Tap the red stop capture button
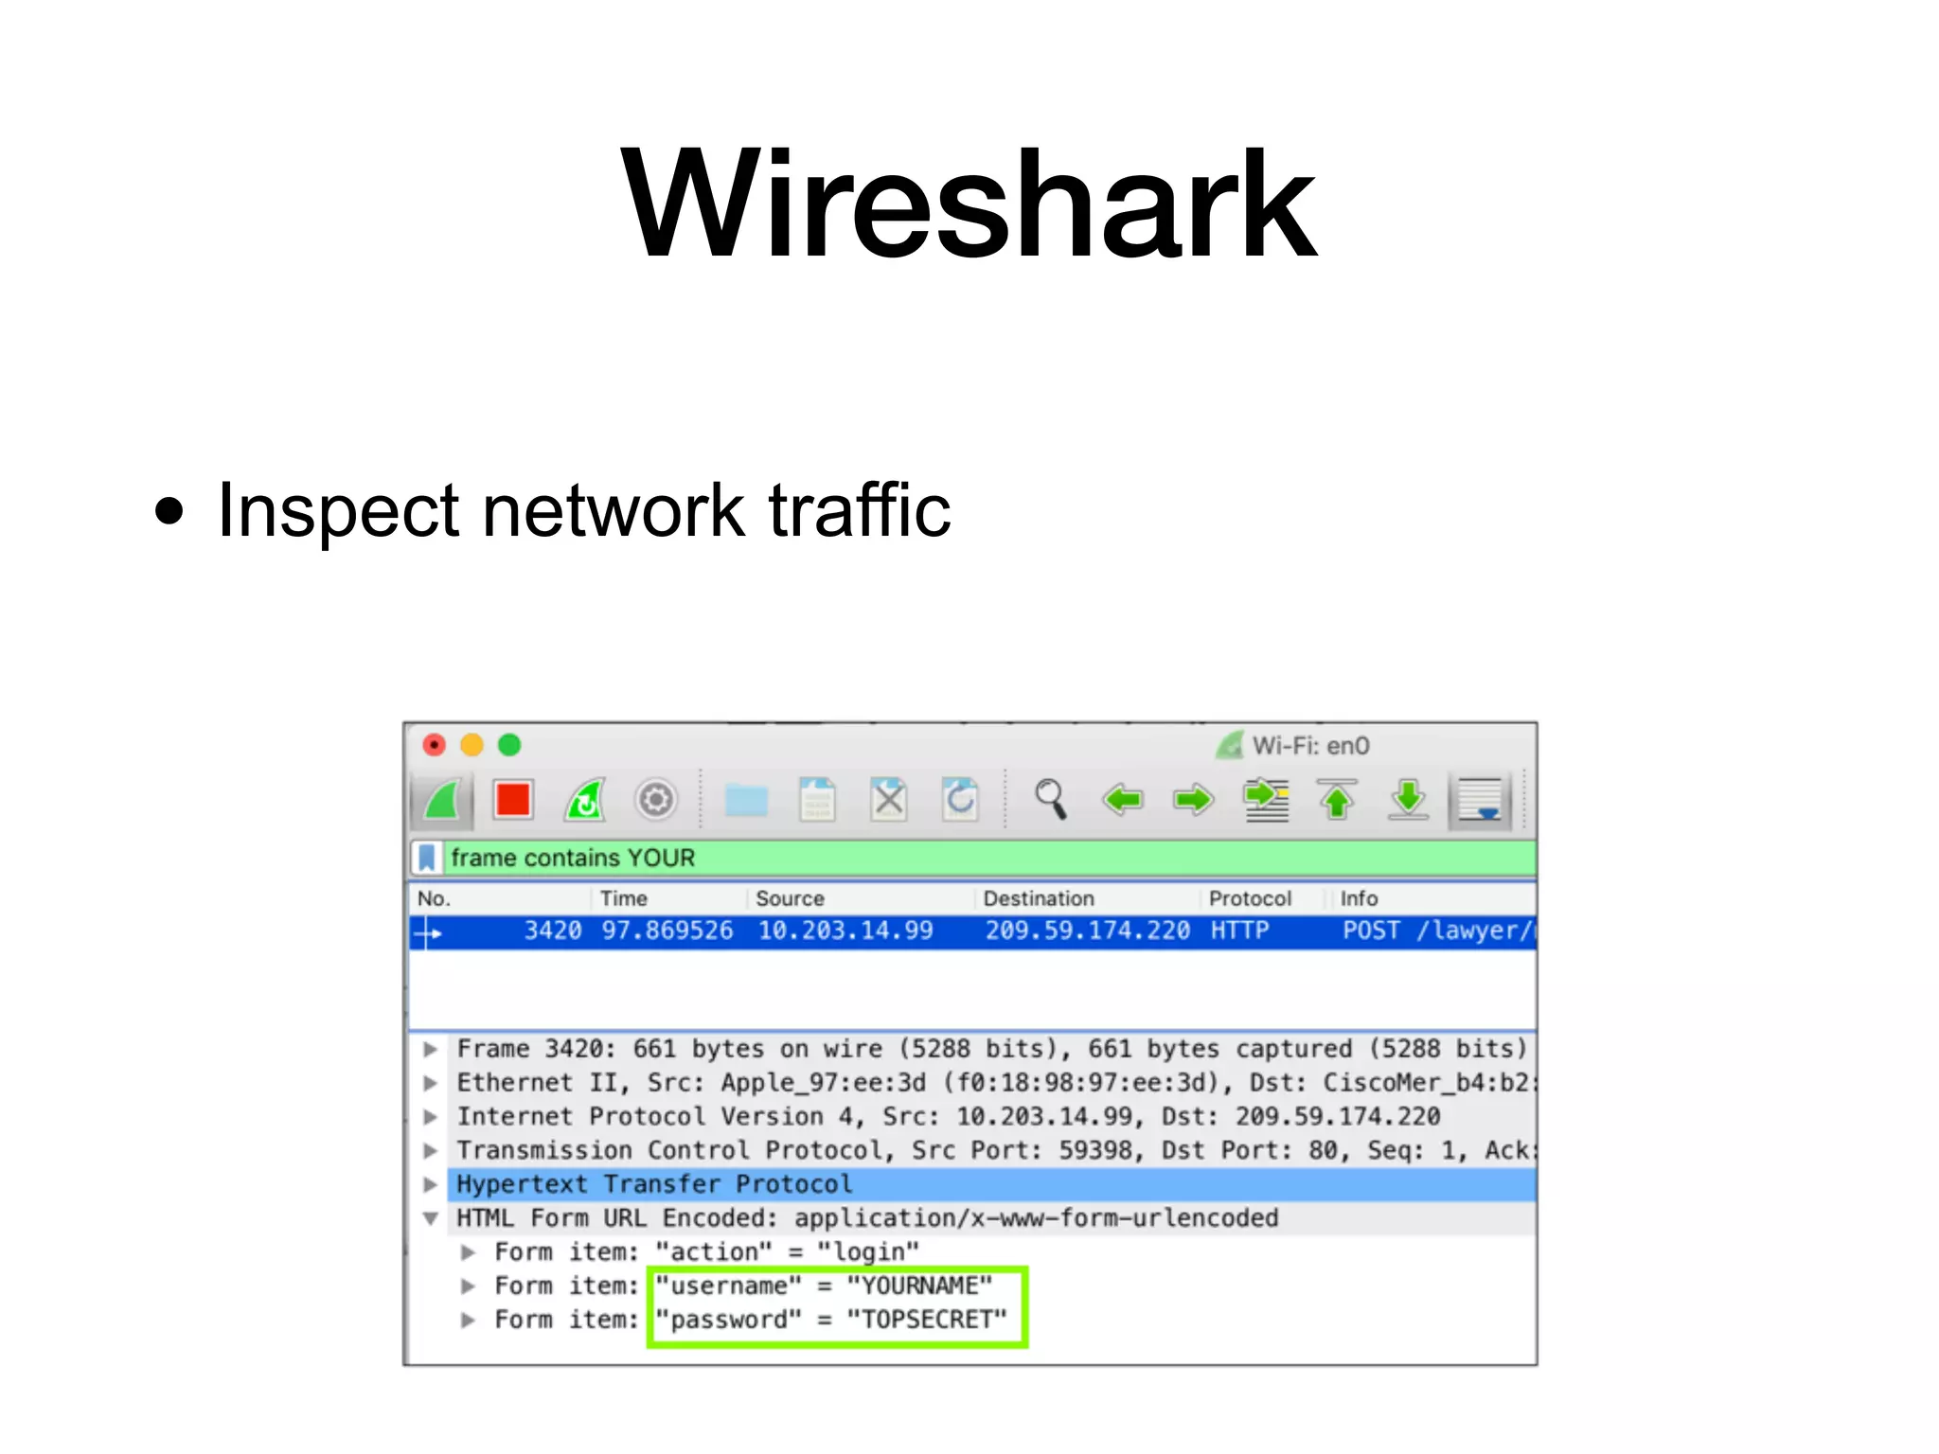tap(513, 800)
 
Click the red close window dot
tap(434, 745)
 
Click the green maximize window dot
tap(509, 745)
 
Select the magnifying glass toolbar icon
tap(1050, 800)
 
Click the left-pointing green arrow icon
tap(1122, 800)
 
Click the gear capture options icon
tap(655, 800)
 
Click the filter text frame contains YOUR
tap(573, 858)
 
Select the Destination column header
tap(1038, 898)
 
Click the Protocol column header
tap(1250, 898)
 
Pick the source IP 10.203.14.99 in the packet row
tap(845, 931)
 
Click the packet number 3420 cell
tap(553, 931)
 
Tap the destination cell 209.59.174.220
tap(1087, 931)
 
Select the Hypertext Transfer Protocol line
tap(654, 1184)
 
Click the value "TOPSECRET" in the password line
tap(927, 1320)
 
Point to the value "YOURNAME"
tap(919, 1286)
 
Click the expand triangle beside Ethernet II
tap(431, 1083)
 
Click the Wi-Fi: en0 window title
tap(1310, 746)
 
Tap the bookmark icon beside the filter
tap(427, 858)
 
